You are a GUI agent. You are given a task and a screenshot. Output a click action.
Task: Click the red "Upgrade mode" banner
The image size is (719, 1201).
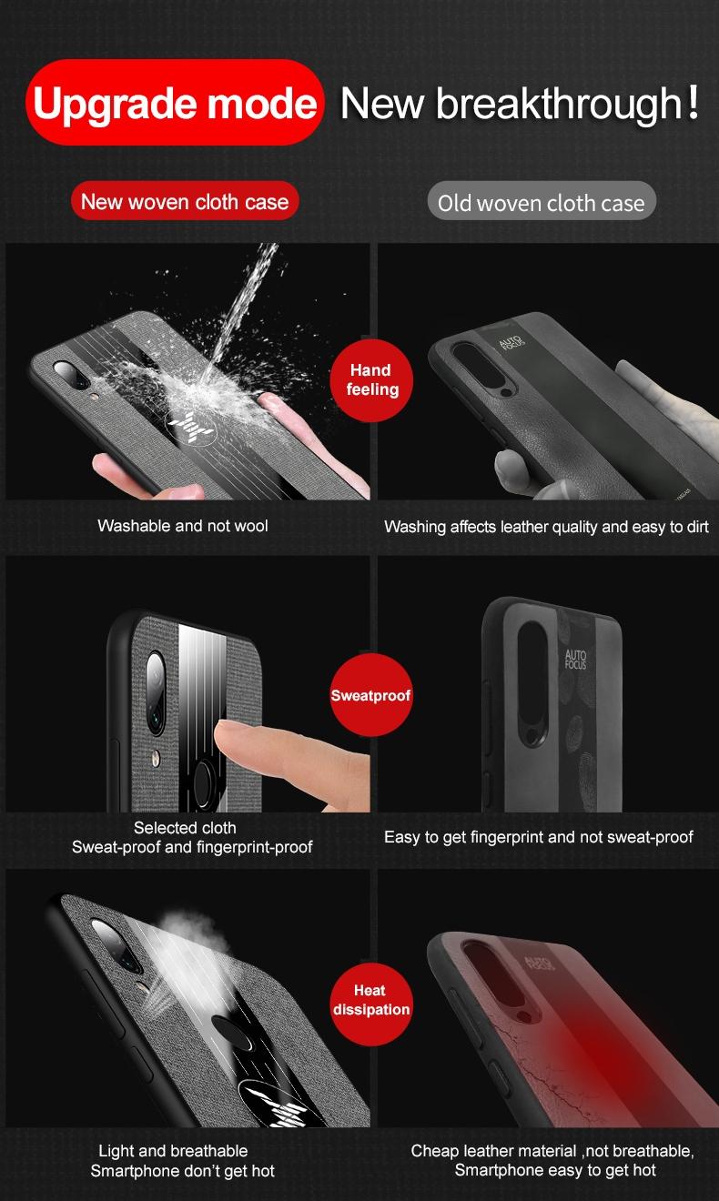pyautogui.click(x=175, y=103)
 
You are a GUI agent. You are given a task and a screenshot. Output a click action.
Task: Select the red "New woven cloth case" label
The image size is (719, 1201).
pyautogui.click(x=185, y=201)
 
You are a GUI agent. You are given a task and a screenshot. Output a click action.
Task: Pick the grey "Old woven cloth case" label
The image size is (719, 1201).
pyautogui.click(x=542, y=202)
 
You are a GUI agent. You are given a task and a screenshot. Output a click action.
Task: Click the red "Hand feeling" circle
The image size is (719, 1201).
pyautogui.click(x=371, y=380)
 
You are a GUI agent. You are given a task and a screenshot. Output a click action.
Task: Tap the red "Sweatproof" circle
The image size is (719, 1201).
pyautogui.click(x=371, y=695)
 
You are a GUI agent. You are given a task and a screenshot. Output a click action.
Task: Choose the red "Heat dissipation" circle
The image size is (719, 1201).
pyautogui.click(x=371, y=1004)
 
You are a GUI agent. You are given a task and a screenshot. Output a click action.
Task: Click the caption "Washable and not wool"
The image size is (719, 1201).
pyautogui.click(x=183, y=526)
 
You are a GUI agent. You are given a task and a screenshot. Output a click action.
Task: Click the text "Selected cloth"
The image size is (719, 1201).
pyautogui.click(x=185, y=828)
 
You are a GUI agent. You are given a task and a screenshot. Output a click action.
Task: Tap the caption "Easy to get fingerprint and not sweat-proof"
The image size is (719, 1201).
pyautogui.click(x=539, y=837)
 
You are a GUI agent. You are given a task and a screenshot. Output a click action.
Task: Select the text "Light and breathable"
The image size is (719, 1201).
pyautogui.click(x=173, y=1151)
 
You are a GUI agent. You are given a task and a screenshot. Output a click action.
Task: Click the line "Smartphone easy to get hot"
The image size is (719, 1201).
pyautogui.click(x=555, y=1169)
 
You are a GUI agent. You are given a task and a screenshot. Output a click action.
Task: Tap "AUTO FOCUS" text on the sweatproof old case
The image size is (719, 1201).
pyautogui.click(x=575, y=660)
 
